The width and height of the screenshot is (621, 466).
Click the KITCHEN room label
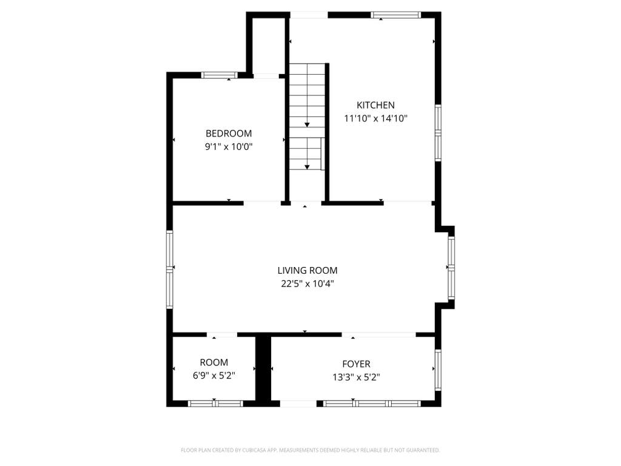click(x=375, y=105)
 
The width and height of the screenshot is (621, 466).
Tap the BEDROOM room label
click(x=229, y=133)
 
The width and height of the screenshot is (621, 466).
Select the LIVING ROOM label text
click(x=307, y=271)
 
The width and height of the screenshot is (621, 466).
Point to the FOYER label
click(x=356, y=364)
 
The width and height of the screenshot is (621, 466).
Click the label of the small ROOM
click(x=214, y=363)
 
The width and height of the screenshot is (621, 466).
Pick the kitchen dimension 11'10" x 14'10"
click(x=375, y=118)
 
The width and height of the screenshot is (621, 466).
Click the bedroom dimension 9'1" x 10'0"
click(x=229, y=147)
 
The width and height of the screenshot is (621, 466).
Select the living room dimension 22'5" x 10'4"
click(x=307, y=284)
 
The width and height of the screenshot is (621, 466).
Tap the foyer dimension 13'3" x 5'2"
click(x=356, y=377)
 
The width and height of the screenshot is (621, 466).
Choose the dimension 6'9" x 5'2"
click(x=214, y=376)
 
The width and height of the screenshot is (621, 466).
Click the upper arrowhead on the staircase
click(x=307, y=125)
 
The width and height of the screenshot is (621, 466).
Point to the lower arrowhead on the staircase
click(x=307, y=167)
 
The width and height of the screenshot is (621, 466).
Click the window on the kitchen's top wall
click(x=395, y=15)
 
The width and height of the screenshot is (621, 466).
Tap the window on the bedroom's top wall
click(x=220, y=75)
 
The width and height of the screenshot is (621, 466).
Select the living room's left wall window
click(x=170, y=269)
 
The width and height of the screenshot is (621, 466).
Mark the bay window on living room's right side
click(x=451, y=268)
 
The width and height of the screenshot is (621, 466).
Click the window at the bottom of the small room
click(x=215, y=404)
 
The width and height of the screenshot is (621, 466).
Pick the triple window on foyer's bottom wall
click(x=372, y=404)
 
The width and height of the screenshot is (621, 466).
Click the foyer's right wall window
click(x=438, y=370)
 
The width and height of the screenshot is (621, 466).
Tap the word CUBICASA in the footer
click(x=253, y=450)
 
